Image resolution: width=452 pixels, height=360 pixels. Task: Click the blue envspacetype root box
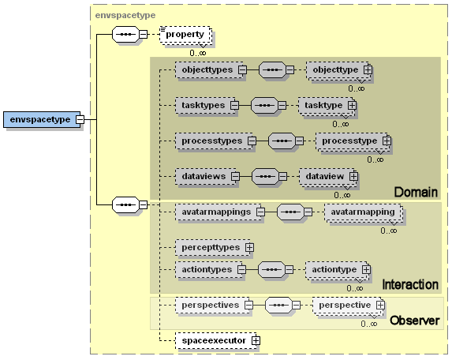click(x=42, y=119)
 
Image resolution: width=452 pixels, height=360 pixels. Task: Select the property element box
click(x=185, y=35)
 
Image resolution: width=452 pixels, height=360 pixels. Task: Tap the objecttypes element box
click(x=209, y=69)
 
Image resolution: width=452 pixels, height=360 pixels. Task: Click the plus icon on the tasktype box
click(x=352, y=105)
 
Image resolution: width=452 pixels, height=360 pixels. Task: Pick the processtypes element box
click(x=214, y=141)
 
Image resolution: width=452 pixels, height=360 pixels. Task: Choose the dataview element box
click(x=327, y=176)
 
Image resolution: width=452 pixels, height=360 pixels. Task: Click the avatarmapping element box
click(x=363, y=212)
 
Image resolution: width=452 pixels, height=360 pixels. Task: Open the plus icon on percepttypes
click(x=249, y=248)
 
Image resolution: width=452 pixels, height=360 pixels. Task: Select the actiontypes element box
click(x=209, y=270)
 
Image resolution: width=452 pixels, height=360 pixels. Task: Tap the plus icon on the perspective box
click(x=380, y=306)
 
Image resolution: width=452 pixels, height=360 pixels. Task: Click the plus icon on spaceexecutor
click(x=256, y=341)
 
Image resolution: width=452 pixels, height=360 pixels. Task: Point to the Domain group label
click(x=416, y=192)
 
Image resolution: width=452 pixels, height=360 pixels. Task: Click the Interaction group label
click(x=410, y=285)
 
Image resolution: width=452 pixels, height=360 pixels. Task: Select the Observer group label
click(x=414, y=321)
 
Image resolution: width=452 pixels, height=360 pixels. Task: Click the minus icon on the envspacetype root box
click(x=80, y=119)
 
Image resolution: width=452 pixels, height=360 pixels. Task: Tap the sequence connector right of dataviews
click(x=265, y=176)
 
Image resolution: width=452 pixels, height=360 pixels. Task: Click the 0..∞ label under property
click(x=198, y=53)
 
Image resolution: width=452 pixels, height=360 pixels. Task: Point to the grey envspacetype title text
click(x=125, y=15)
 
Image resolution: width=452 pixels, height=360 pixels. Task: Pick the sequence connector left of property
click(x=125, y=34)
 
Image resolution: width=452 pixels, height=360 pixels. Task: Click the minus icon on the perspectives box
click(x=248, y=306)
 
